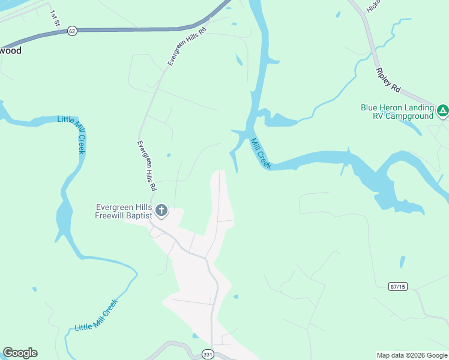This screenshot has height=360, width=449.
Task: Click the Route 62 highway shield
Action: coord(72,31)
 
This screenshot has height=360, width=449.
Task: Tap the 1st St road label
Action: coord(55,18)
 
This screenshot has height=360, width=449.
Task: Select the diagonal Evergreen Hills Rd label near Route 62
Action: coord(187,46)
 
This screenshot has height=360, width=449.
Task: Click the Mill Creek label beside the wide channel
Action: coord(261,154)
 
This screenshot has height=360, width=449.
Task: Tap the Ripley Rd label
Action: coord(388,80)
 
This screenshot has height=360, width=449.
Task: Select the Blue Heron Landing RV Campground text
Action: coord(397,112)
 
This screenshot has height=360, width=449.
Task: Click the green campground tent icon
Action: coord(442,110)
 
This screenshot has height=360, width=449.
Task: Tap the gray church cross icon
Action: coord(161,210)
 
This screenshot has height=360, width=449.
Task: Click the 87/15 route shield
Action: coord(397,287)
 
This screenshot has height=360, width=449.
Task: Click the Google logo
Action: coord(20,353)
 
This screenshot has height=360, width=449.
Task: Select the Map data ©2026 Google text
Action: coord(411,355)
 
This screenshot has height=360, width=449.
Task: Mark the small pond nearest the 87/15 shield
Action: coord(401,262)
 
